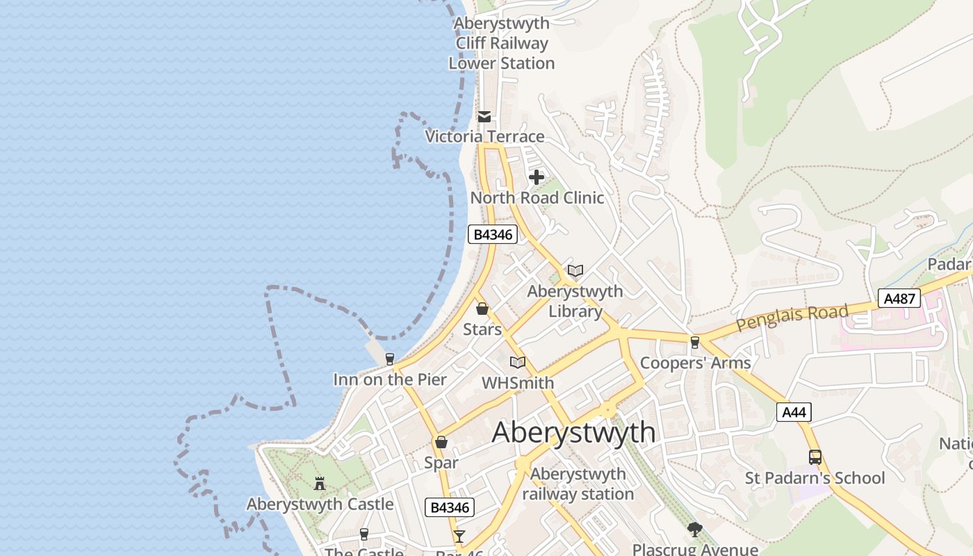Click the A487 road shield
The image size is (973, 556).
coord(899,298)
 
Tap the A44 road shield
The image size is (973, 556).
coord(794,412)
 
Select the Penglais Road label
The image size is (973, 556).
coord(792,318)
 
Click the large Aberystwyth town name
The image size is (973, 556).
coord(573,432)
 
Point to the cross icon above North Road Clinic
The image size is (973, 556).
coord(537,177)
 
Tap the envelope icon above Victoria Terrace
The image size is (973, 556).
coord(484,117)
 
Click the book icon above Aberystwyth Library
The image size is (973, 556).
coord(575,270)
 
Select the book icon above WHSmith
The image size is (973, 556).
coord(518,362)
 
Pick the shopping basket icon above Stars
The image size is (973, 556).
coord(482,309)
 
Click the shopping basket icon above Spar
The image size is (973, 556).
coord(441,442)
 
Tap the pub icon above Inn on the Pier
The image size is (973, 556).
coord(390,359)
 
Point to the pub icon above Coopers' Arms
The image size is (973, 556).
coord(695,342)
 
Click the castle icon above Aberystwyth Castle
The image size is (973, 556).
coord(320,483)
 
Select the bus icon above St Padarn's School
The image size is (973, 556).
coord(815,457)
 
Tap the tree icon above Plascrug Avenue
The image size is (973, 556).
coord(695,530)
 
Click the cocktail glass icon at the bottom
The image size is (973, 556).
coord(459,536)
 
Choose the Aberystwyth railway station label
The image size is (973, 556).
coord(578,484)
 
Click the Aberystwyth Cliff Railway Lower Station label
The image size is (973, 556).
coord(502,43)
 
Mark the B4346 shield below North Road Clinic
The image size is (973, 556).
coord(493,234)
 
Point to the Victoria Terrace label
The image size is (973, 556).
coord(484,136)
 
